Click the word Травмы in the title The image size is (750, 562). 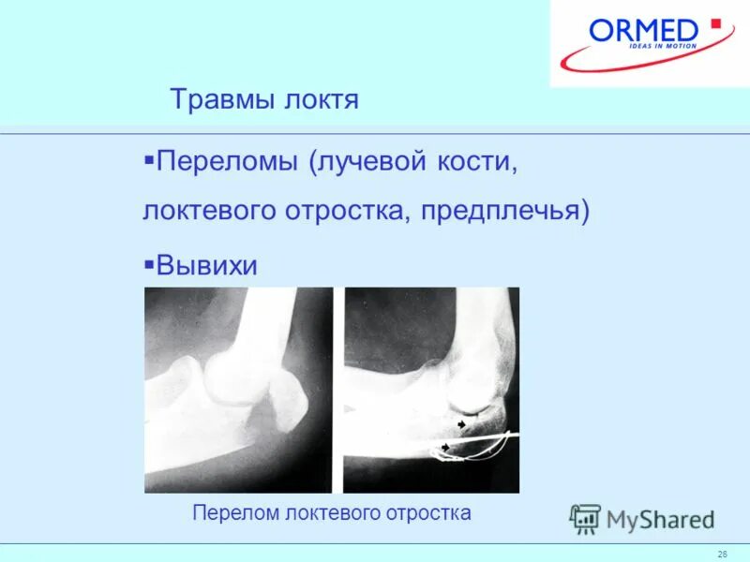coord(222,99)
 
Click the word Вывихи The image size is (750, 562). coord(206,265)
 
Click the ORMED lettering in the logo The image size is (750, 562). coord(645,31)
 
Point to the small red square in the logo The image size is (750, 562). coord(715,23)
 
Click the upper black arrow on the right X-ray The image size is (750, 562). coord(460,425)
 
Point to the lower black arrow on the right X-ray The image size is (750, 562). coord(446,448)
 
